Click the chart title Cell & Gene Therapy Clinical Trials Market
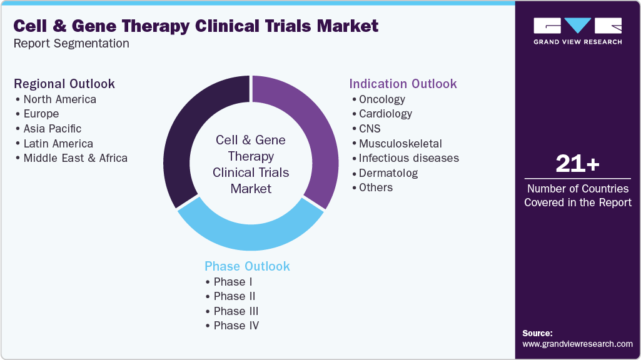(196, 26)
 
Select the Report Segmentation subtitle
(71, 44)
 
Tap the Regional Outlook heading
(64, 84)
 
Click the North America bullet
(59, 99)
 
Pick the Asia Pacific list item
(52, 129)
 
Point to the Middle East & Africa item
(75, 158)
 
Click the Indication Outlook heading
(403, 84)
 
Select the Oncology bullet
(381, 99)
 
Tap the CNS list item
(370, 129)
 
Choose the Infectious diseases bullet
(408, 158)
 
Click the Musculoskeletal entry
(400, 144)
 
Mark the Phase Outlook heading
(247, 266)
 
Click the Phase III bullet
(236, 311)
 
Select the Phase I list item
(233, 282)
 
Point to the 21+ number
(577, 164)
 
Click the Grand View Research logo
(577, 31)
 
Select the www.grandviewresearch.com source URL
(577, 344)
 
